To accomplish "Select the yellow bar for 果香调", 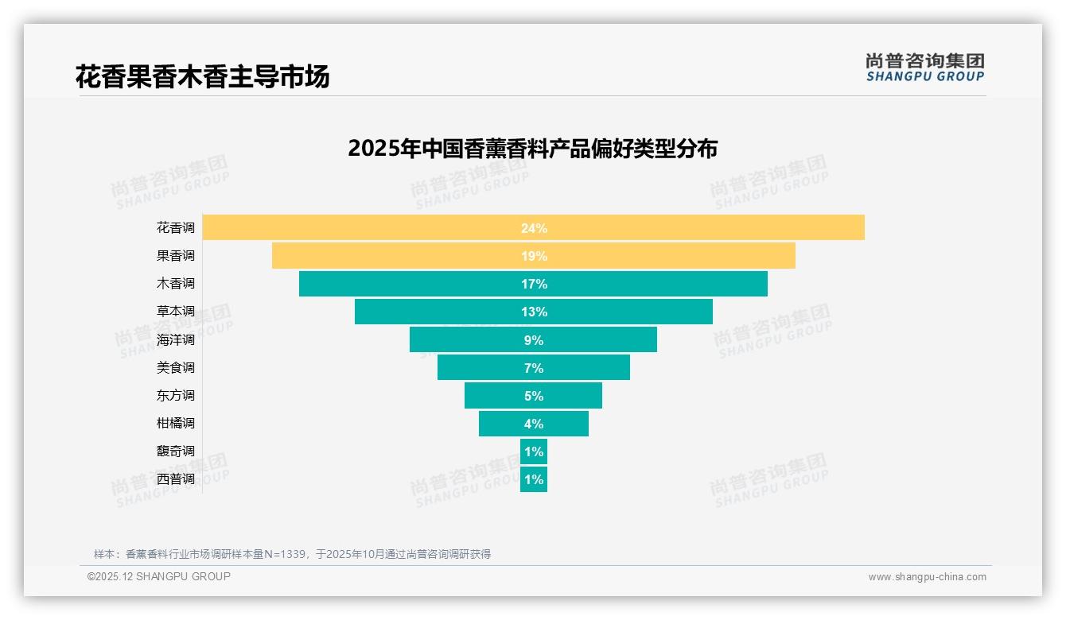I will point(398,256).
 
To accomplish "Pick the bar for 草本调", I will point(438,312).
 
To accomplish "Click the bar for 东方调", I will point(493,396).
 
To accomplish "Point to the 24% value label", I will point(534,228).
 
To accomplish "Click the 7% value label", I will point(534,368).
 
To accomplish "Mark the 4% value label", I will point(534,424).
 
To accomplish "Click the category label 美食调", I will point(175,368).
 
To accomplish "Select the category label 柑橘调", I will point(175,424).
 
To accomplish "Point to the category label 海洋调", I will point(175,340).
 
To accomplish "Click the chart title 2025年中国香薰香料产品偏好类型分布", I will point(532,149).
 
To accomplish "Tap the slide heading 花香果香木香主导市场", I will point(202,77).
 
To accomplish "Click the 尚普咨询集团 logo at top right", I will point(924,67).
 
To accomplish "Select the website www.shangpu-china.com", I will point(927,577).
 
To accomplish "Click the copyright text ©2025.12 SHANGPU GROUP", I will point(158,576).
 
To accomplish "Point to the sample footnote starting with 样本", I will point(292,554).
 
